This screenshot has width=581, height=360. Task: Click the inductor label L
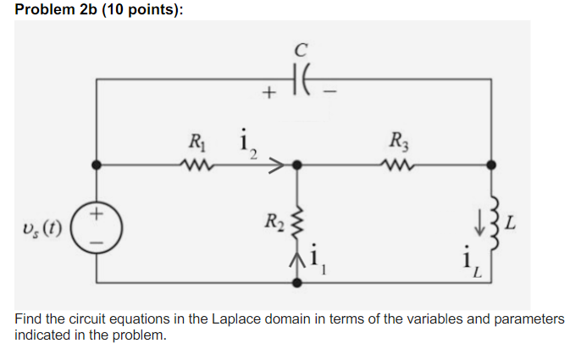point(514,224)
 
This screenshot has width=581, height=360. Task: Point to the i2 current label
point(248,144)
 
